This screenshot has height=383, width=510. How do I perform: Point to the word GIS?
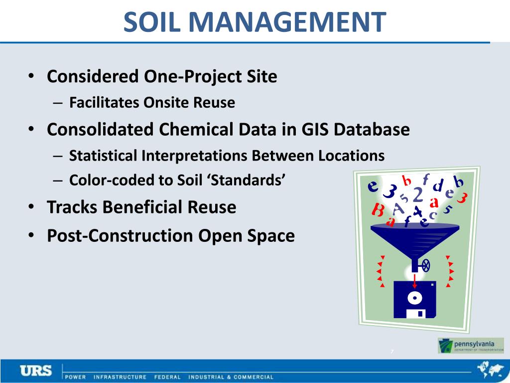(316, 130)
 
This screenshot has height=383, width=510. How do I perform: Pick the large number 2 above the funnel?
(418, 194)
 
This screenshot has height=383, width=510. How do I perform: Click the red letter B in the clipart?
(379, 210)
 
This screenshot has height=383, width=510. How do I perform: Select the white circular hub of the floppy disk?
(415, 299)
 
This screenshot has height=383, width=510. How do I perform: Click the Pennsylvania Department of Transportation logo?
(471, 345)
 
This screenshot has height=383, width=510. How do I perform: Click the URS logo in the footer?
(36, 371)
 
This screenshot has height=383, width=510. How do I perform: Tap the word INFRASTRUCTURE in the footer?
(120, 377)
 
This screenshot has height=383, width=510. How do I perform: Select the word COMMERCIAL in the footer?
(254, 377)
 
